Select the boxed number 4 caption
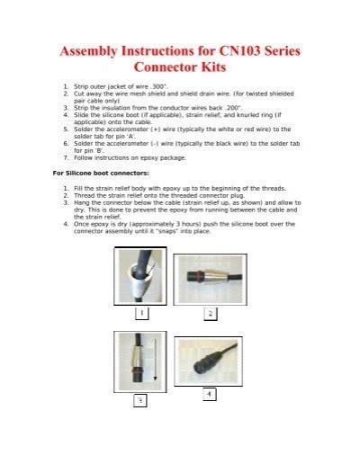point(209,395)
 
